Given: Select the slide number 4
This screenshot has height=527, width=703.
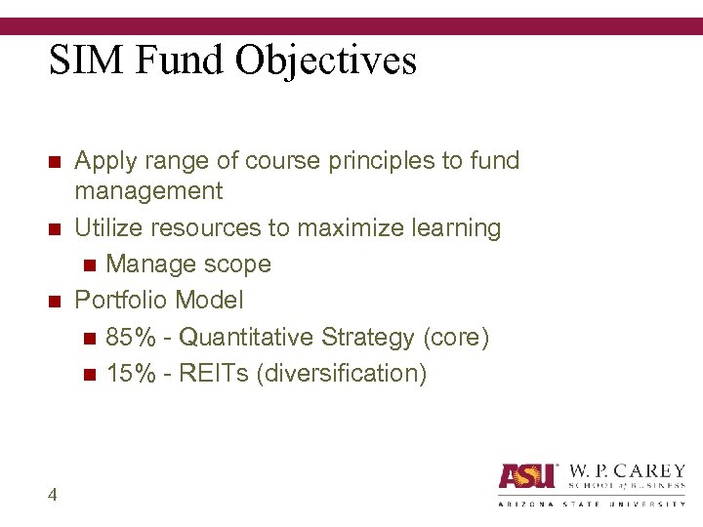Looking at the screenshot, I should tap(52, 495).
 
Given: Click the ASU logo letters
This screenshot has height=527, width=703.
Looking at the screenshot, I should tap(527, 475).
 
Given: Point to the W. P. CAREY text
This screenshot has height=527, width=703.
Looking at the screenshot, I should tap(625, 470).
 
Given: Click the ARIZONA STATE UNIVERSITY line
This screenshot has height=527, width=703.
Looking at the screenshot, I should tap(592, 504).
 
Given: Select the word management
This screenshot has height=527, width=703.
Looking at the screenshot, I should tap(148, 191).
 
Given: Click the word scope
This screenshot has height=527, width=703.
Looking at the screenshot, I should tap(235, 264).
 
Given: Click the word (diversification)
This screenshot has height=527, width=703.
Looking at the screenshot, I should tap(341, 374).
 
